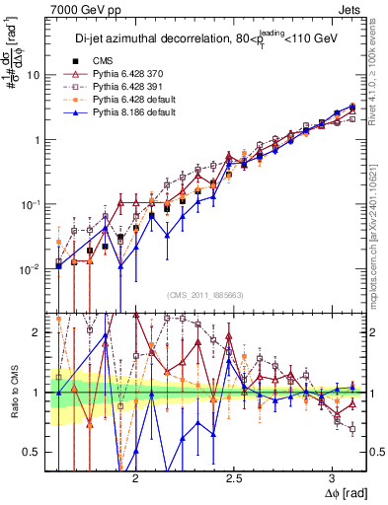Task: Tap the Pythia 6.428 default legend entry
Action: point(127,101)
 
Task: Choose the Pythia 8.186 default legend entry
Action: point(127,113)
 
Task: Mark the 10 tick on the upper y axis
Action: point(35,75)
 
